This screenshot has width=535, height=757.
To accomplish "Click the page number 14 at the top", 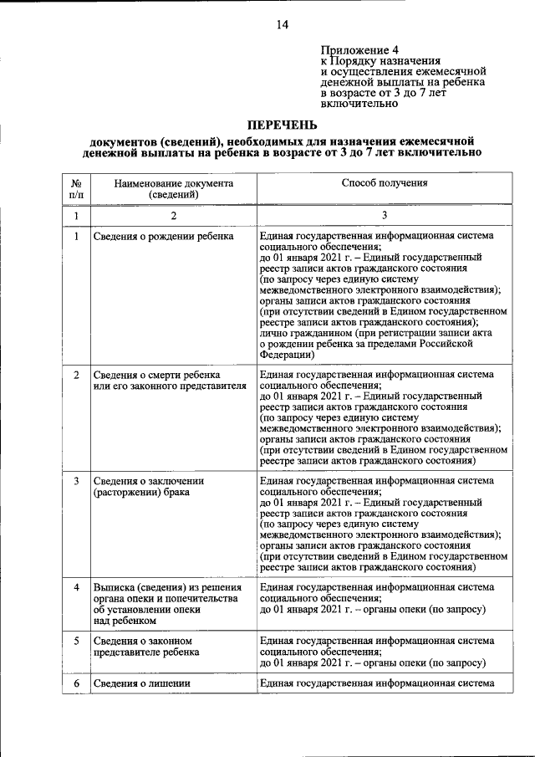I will (282, 25).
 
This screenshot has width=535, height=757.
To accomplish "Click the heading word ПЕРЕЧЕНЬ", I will (282, 125).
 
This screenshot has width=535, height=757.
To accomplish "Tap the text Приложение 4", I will (360, 49).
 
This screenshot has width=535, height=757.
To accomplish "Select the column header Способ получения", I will (385, 182).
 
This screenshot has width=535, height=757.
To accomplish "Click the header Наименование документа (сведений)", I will (174, 188).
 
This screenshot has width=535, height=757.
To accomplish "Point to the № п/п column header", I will (76, 188).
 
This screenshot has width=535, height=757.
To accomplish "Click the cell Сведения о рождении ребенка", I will (163, 237).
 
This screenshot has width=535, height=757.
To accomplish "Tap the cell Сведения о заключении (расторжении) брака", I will (149, 487).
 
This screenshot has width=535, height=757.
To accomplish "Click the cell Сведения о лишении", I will (143, 683).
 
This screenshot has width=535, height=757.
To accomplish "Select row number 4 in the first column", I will (76, 587).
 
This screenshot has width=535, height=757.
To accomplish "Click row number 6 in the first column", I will (76, 683).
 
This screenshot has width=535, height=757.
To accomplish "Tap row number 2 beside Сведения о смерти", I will (76, 375).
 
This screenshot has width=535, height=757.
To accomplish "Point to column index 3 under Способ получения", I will (385, 216).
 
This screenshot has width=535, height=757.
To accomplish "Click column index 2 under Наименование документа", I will (174, 216).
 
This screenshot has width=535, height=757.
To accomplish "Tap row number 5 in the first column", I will (76, 641).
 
